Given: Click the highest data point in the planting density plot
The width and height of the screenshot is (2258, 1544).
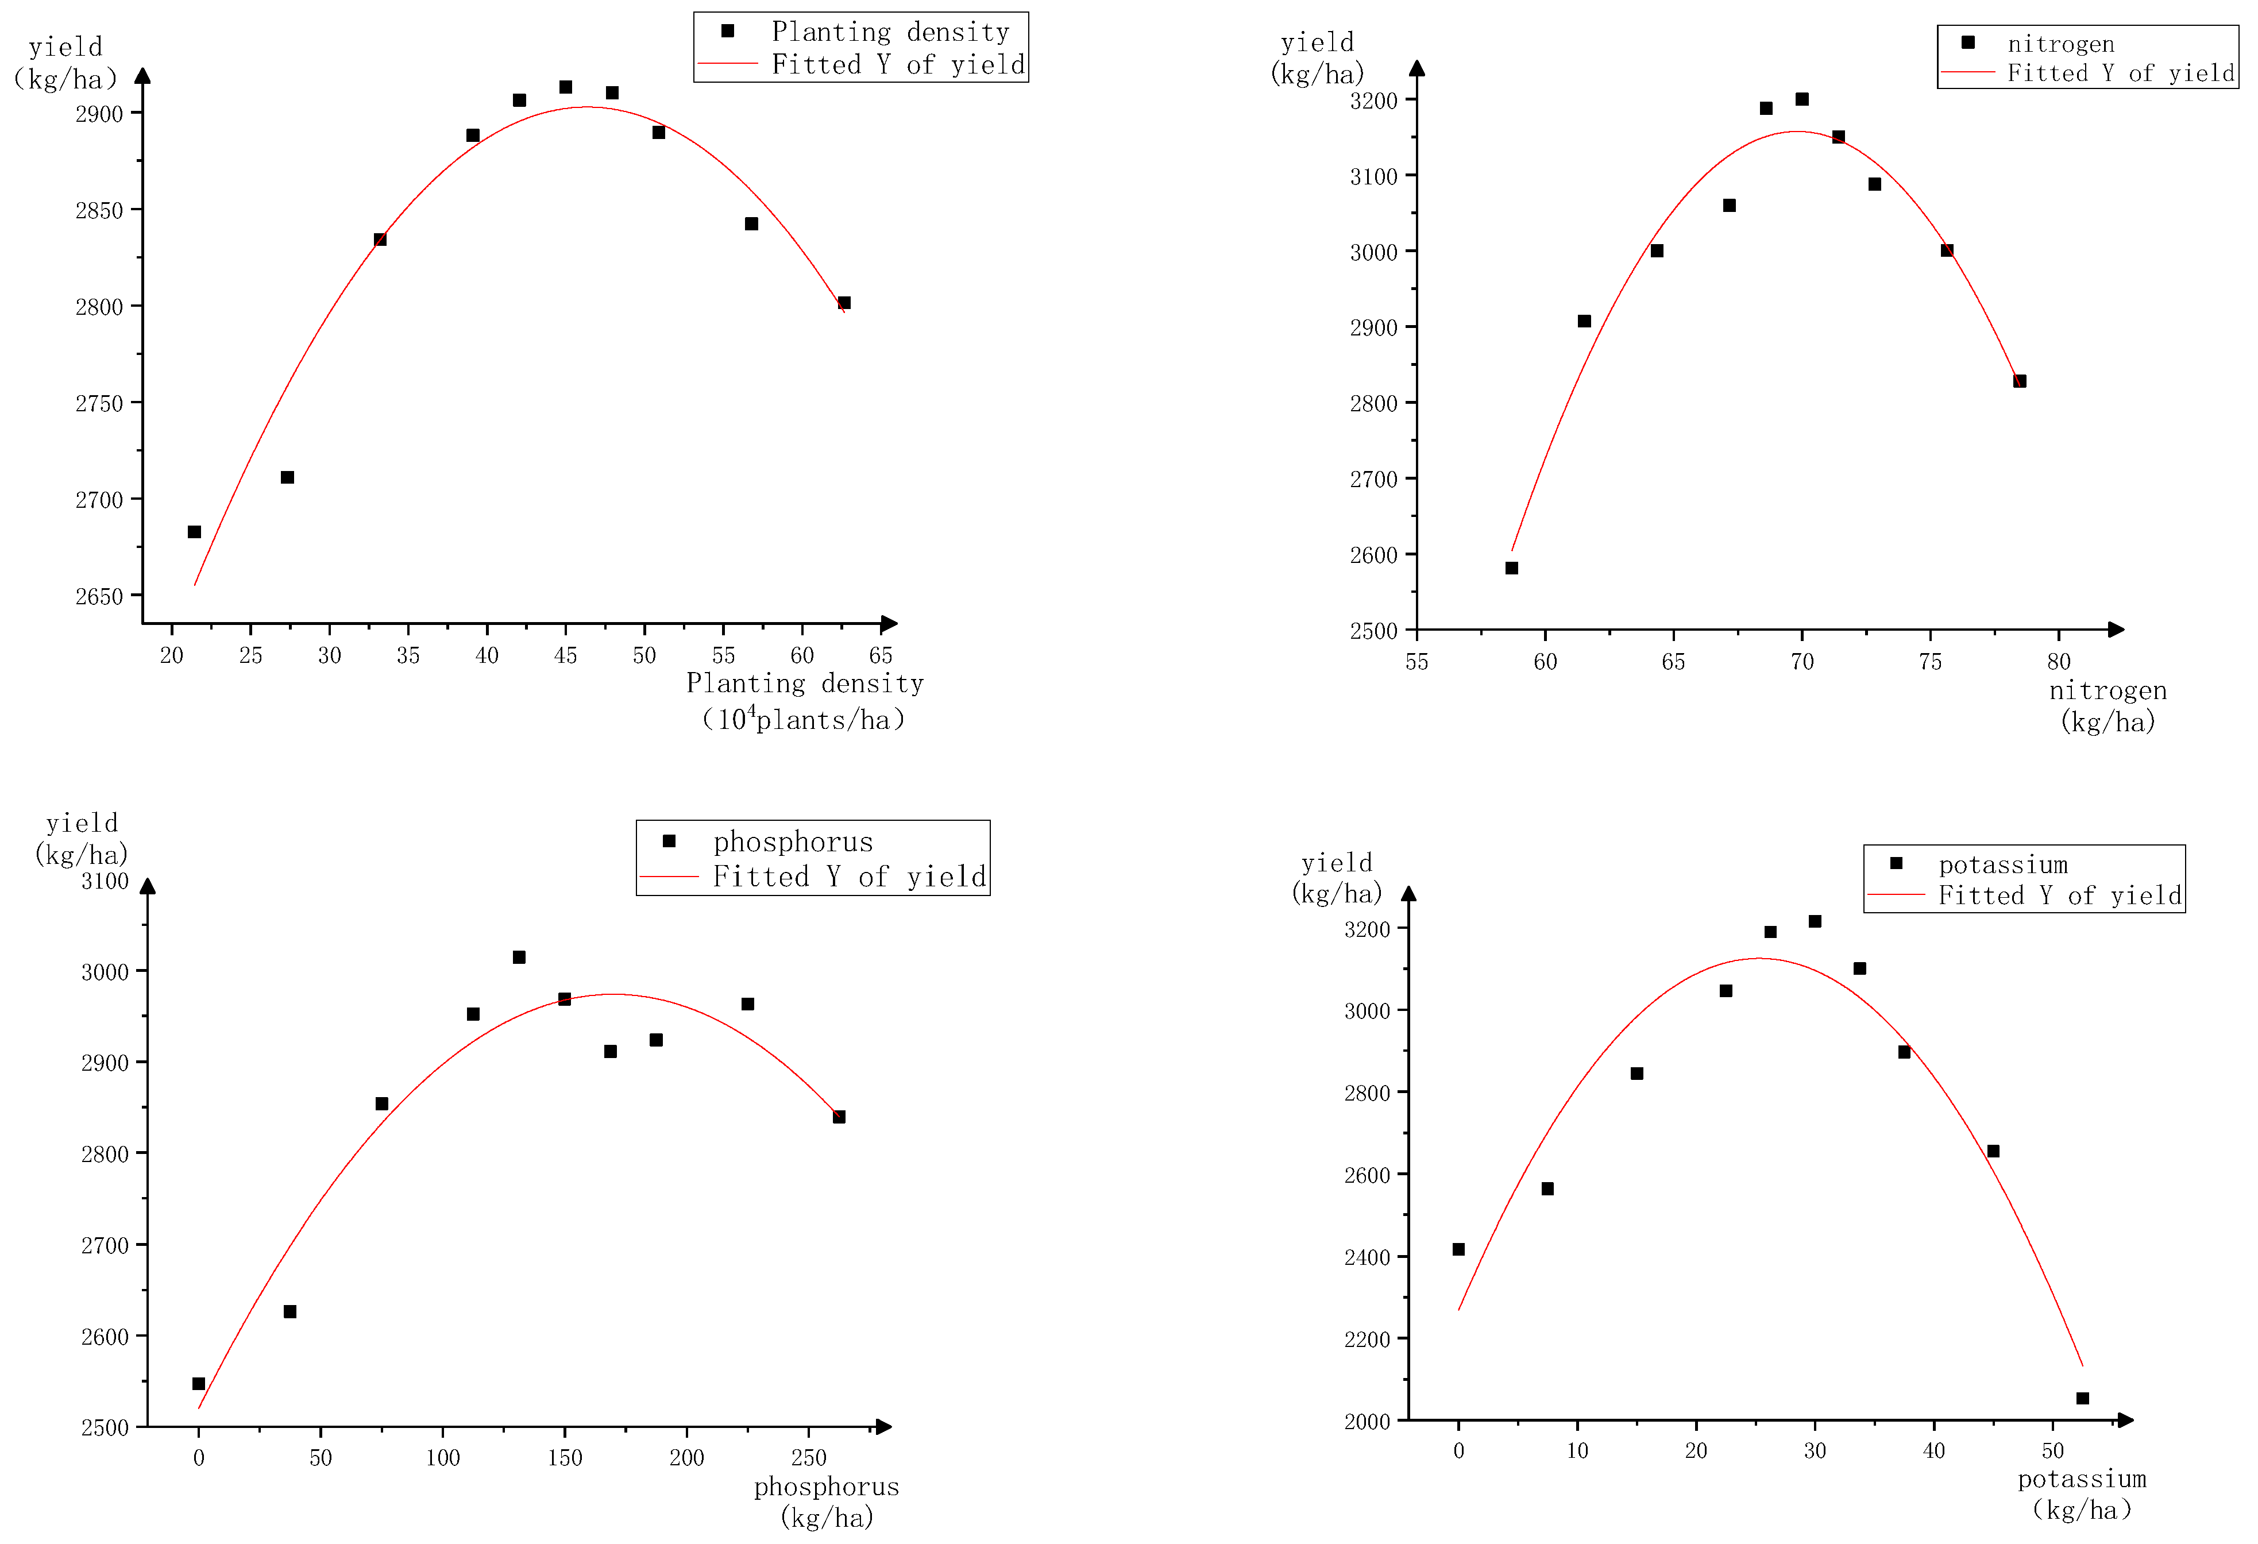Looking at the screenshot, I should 565,87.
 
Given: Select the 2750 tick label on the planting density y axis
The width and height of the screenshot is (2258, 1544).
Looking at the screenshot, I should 99,403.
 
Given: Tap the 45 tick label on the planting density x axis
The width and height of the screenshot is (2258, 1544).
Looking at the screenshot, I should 565,656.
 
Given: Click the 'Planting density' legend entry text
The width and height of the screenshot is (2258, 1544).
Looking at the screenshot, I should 890,32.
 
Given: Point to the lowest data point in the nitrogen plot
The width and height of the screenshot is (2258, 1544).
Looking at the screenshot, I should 1512,569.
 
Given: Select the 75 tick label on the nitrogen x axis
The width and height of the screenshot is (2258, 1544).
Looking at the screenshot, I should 1931,663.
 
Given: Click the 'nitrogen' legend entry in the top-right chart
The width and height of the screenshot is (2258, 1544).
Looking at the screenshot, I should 2061,44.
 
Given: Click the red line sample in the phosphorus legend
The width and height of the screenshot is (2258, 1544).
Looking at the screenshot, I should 669,877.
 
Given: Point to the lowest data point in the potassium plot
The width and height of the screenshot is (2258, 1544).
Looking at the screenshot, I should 2082,1398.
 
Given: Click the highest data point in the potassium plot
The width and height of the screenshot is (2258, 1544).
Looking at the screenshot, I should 1815,921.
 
